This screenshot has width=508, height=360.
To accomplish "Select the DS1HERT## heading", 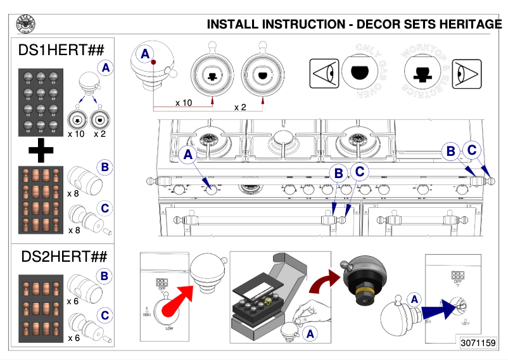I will (x=62, y=49).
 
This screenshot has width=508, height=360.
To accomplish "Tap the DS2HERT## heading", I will (x=62, y=257).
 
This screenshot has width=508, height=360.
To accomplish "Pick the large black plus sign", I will (x=41, y=150).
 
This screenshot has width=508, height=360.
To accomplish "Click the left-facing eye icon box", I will (x=323, y=73).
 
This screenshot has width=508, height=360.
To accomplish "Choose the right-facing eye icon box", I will (x=467, y=73).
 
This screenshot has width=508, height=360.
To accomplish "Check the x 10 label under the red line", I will (x=183, y=102).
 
